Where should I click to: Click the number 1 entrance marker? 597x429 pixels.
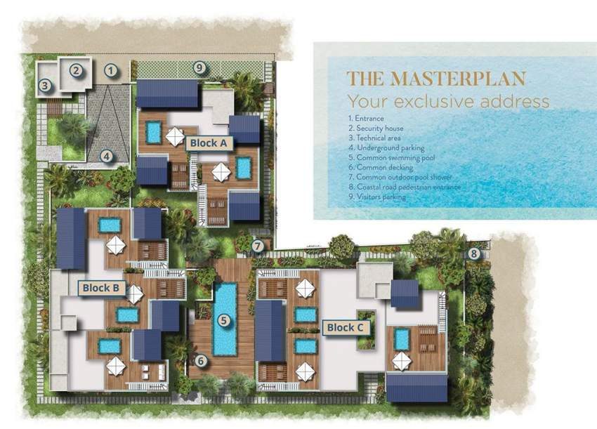coord(110,70)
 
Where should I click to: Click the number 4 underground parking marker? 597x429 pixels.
coord(105,156)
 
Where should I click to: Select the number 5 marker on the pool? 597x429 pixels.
coord(224,321)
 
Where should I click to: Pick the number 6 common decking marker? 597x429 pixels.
coord(201,361)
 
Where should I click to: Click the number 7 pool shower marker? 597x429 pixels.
coord(258,246)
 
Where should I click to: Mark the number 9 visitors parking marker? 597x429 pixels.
coord(200,67)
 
